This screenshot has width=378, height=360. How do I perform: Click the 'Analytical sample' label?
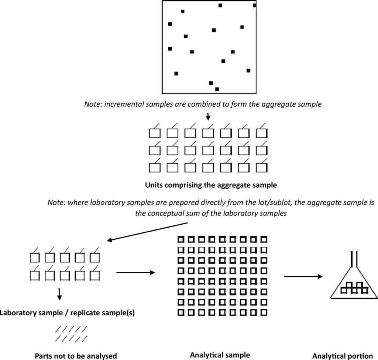click(220, 355)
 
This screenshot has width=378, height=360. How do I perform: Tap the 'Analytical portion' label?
click(342, 356)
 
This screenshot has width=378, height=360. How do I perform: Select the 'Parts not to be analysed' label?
click(76, 356)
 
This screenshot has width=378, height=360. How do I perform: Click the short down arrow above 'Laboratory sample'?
click(59, 294)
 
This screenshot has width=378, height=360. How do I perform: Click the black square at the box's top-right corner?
click(254, 5)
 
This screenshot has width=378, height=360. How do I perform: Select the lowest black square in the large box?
click(217, 89)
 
